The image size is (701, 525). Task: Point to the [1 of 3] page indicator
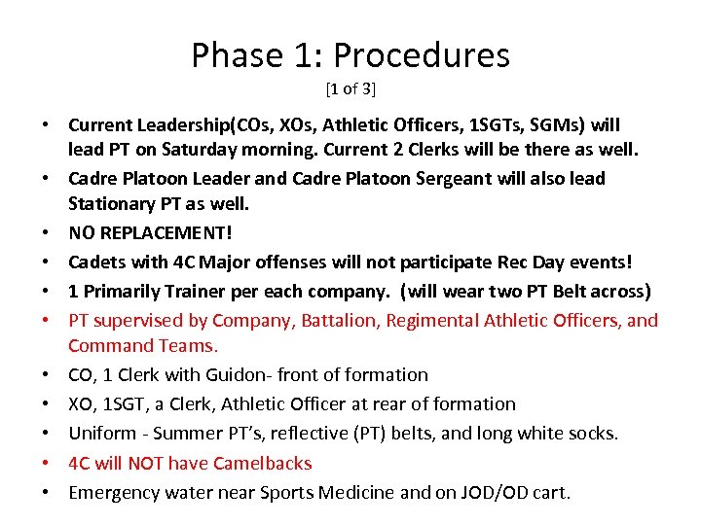coord(350,89)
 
